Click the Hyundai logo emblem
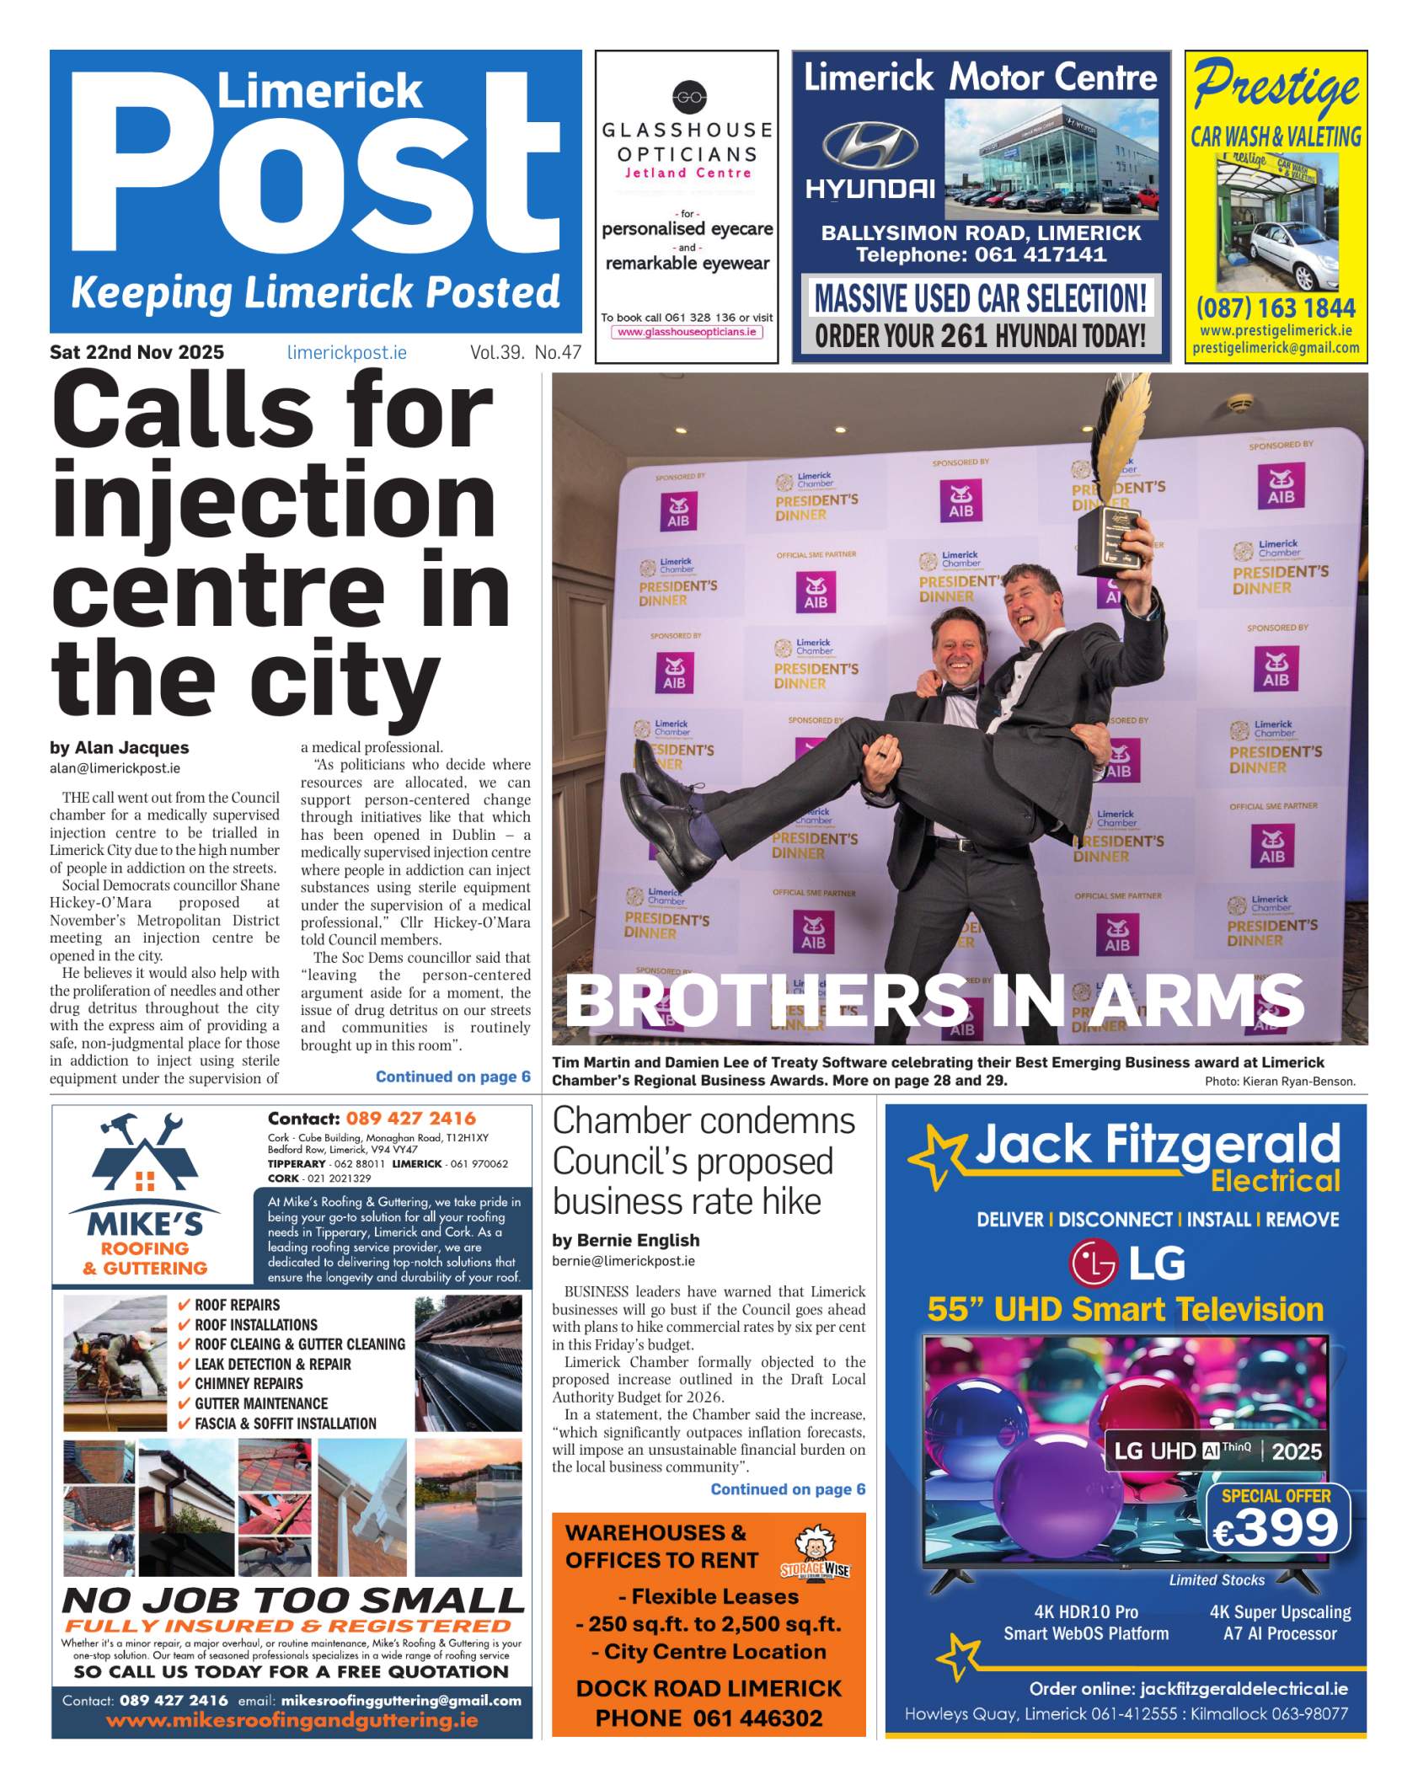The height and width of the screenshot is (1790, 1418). [870, 146]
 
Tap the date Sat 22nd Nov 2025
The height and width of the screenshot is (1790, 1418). [136, 352]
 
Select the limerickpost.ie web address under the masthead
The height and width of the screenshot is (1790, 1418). [346, 353]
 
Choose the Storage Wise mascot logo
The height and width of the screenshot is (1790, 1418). [815, 1552]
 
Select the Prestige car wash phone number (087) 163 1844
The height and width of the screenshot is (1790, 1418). [1276, 307]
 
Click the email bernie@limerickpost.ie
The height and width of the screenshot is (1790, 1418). [623, 1261]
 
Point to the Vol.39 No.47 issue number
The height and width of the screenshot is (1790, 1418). [526, 353]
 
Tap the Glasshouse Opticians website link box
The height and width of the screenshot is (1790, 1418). [687, 333]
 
